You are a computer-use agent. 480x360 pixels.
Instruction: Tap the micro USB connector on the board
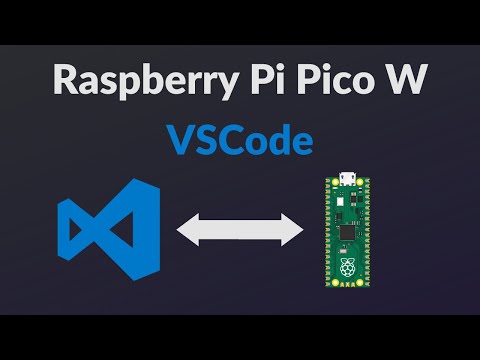point(345,182)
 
